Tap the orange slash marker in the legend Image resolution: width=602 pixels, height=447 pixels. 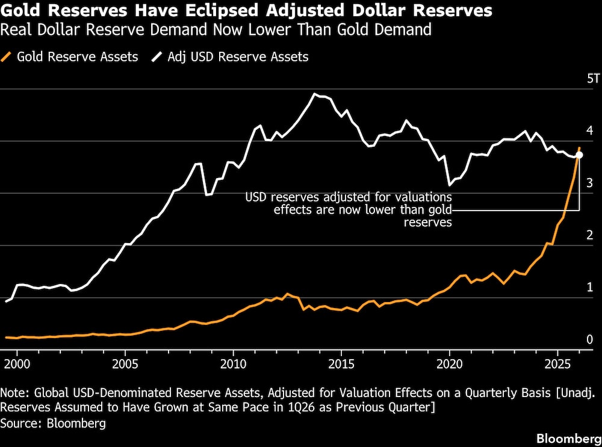coord(8,57)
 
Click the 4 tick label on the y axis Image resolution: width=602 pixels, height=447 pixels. coord(590,131)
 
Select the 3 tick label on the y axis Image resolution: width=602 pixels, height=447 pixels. coord(590,183)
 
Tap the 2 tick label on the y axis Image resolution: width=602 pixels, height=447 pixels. coord(590,235)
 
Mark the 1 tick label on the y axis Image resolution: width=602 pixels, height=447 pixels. coord(590,287)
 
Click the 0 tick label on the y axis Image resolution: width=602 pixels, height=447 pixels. coord(590,339)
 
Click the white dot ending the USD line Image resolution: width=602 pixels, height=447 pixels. coord(579,155)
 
